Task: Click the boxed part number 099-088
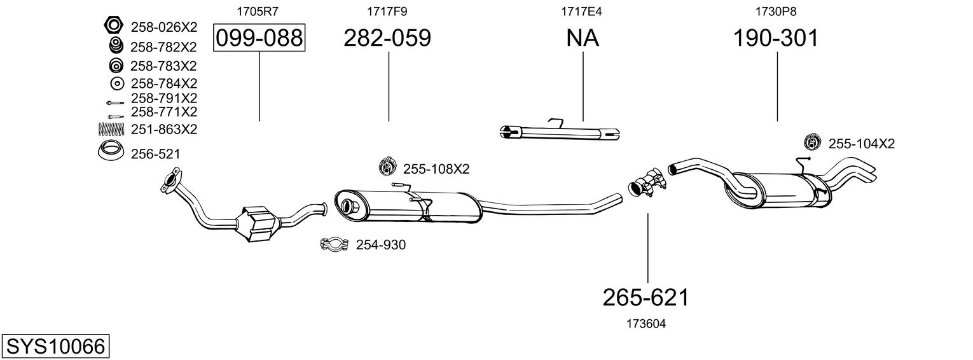(259, 38)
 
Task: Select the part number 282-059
(387, 38)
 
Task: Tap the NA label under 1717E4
(583, 38)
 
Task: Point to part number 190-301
(776, 38)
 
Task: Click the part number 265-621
(646, 297)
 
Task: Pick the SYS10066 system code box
(55, 347)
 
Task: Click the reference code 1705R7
(258, 11)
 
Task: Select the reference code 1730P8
(775, 11)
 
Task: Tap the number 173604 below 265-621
(646, 324)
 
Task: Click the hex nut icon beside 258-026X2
(113, 26)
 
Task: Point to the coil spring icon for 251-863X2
(112, 129)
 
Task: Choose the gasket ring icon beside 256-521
(111, 153)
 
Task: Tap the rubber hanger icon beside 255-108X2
(387, 167)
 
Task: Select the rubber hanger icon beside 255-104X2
(812, 143)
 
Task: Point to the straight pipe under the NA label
(560, 132)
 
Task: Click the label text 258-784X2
(163, 83)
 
